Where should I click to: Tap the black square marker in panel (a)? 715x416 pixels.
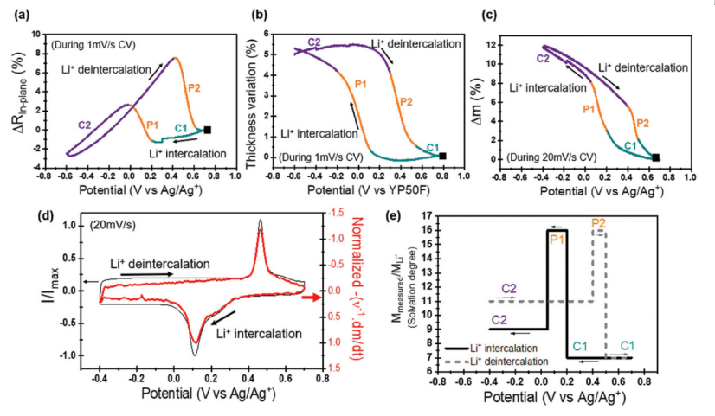pyautogui.click(x=207, y=130)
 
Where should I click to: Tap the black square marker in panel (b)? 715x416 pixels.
pyautogui.click(x=444, y=156)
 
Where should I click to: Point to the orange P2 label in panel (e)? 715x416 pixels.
pyautogui.click(x=598, y=223)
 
